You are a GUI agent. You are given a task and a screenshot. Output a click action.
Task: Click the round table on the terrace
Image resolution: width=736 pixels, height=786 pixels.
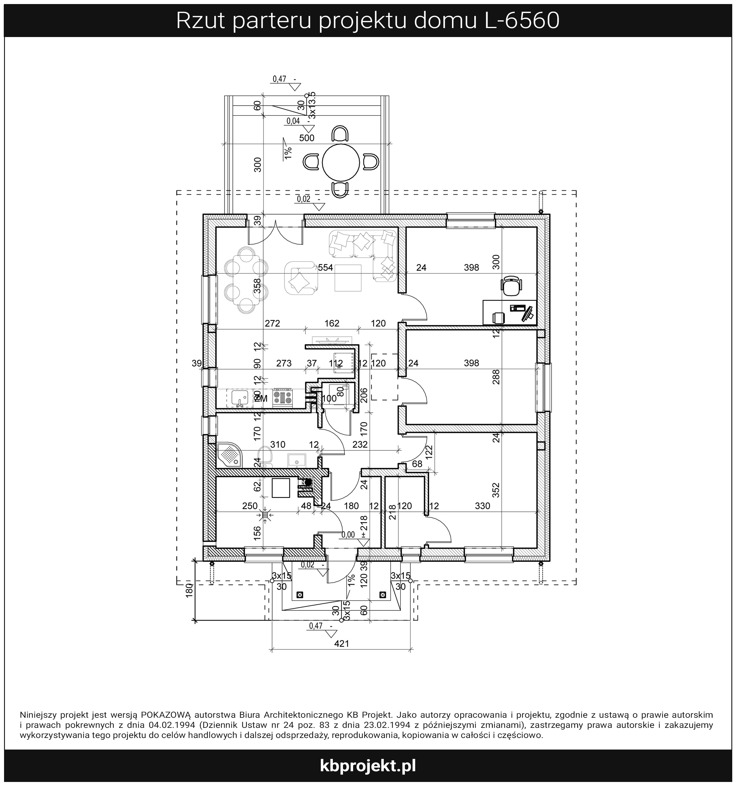coord(341,162)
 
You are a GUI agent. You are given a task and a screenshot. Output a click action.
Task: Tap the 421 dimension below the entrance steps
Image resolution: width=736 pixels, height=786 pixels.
coord(342,644)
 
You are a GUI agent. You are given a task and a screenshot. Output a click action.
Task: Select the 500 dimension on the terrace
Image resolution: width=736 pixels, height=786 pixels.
coord(307,138)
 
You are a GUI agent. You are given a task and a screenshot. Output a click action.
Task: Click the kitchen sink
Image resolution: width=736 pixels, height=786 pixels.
coord(239,398)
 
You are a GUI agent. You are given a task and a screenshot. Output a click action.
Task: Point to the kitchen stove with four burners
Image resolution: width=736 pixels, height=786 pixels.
coord(282,397)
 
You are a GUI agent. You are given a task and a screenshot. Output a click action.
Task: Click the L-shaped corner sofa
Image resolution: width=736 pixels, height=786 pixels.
coord(363,255)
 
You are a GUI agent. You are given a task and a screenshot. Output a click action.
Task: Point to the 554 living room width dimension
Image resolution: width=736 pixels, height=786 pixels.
coord(325,268)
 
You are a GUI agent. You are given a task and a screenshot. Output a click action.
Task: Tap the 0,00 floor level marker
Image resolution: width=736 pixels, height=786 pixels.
coord(348,535)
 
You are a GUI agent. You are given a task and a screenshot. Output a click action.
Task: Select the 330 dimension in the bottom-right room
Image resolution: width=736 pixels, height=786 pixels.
coord(482,506)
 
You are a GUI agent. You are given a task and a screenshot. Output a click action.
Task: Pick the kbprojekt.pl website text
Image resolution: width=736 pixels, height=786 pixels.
coord(368,765)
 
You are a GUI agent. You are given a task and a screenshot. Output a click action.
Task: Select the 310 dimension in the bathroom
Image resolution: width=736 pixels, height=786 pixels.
coord(278,444)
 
